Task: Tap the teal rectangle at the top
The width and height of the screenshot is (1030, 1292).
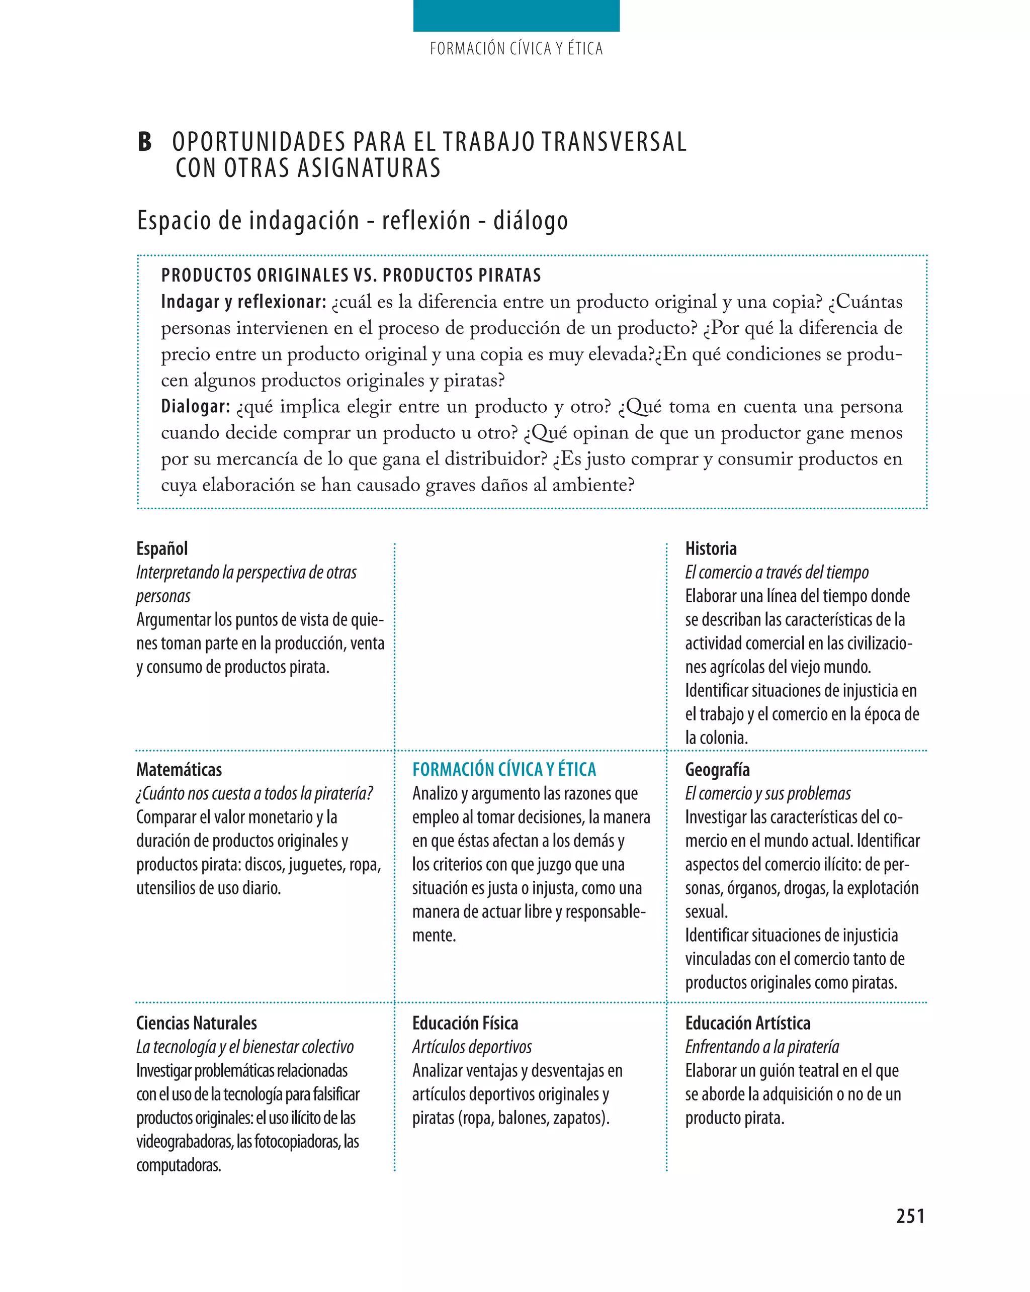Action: (516, 16)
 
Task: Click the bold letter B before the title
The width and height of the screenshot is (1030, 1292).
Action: (144, 142)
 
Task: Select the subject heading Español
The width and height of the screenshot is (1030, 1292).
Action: (162, 548)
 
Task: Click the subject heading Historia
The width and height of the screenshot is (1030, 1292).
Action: (711, 548)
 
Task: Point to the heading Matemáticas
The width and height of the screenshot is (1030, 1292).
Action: (179, 770)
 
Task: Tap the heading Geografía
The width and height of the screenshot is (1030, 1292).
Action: (717, 770)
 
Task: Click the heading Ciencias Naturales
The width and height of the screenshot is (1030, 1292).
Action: (196, 1023)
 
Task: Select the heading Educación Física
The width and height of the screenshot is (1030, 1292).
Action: (465, 1023)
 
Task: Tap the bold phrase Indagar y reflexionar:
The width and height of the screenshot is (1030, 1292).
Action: (243, 302)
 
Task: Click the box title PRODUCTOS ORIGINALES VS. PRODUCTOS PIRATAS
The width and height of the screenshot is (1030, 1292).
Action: (351, 275)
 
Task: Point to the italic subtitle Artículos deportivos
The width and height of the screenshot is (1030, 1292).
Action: (472, 1047)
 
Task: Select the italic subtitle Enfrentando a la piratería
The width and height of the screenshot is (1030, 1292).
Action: (761, 1047)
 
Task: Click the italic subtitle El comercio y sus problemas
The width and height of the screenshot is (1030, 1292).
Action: (767, 793)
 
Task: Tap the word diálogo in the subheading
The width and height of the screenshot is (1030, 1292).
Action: (530, 221)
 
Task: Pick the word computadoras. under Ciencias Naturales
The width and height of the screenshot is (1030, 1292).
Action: (179, 1165)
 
